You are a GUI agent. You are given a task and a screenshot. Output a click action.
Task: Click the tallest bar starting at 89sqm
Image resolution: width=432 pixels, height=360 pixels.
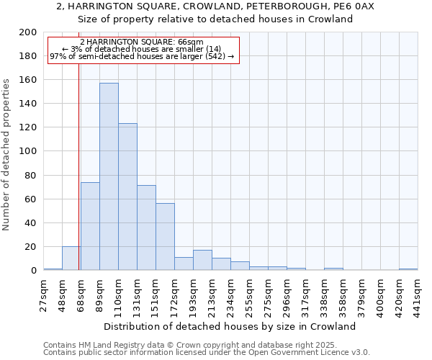pos(109,176)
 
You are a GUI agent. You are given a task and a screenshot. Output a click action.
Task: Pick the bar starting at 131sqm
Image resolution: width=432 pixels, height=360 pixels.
pos(146,228)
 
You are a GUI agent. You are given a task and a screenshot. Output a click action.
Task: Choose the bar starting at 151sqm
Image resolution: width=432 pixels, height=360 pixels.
pos(165,237)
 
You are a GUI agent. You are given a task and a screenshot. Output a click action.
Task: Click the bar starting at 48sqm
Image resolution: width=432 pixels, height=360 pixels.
pos(71,258)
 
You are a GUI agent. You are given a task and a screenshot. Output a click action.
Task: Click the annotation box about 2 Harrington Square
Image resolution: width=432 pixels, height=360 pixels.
pos(142,49)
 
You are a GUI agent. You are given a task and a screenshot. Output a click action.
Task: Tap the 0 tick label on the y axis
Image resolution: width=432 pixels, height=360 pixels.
pos(34,271)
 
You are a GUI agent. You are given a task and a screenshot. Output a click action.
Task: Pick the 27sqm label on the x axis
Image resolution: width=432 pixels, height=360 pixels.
pos(43,294)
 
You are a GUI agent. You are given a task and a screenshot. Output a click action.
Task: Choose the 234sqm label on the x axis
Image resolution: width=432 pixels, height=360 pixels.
pos(230,294)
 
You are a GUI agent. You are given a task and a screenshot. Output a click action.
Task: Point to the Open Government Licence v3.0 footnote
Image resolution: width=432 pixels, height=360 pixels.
pos(206,353)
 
